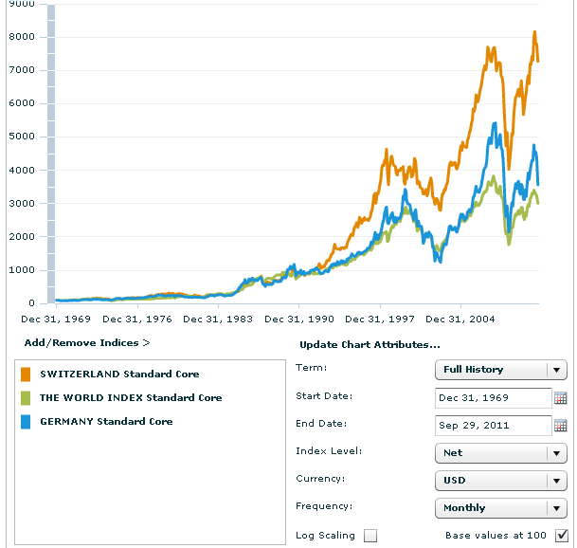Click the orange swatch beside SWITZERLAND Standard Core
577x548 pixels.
click(26, 374)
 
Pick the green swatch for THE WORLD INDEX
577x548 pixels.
click(26, 398)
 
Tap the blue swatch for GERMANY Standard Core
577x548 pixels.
click(26, 421)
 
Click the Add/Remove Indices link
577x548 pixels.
click(87, 343)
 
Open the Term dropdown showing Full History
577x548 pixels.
click(500, 370)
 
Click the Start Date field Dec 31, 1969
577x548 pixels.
click(493, 397)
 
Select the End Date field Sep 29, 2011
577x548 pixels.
click(493, 425)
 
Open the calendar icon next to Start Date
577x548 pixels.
click(560, 398)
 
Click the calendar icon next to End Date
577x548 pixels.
click(560, 426)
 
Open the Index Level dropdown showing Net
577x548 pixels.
click(500, 453)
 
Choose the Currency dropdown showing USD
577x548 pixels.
click(500, 481)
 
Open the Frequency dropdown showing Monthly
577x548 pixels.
click(500, 508)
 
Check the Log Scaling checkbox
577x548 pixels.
click(370, 536)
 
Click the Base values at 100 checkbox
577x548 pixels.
click(561, 536)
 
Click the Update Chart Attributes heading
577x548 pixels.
click(370, 345)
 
